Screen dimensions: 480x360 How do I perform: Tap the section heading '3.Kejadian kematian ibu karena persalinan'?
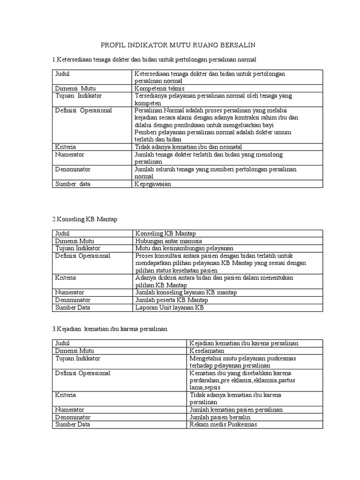click(x=109, y=329)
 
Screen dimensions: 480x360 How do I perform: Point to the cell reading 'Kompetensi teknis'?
click(x=159, y=88)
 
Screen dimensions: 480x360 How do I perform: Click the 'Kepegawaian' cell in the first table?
click(x=153, y=184)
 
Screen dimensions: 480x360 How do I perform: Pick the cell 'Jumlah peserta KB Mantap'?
click(x=172, y=300)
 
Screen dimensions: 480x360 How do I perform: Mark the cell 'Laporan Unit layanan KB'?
click(x=170, y=307)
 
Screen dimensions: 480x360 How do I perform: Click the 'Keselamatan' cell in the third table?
click(x=207, y=351)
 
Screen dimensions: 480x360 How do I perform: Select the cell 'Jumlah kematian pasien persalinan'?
click(x=236, y=410)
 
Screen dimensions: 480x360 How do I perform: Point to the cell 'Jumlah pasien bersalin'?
click(x=220, y=417)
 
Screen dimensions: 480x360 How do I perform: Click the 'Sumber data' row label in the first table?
click(x=73, y=184)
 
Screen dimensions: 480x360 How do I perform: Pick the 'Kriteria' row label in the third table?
click(x=66, y=395)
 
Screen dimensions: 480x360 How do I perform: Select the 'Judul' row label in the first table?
click(x=62, y=74)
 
